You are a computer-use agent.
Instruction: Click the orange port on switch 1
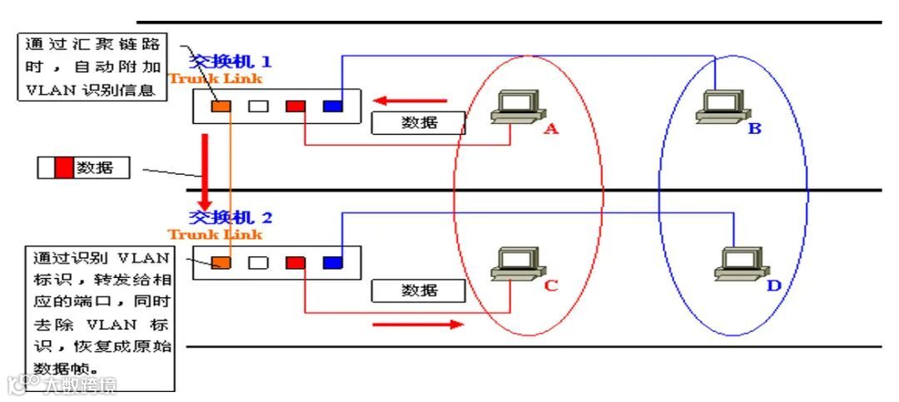[x=221, y=106]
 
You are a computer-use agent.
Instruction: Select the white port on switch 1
[x=259, y=106]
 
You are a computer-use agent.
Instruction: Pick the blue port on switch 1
[x=333, y=106]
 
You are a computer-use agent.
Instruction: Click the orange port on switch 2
[x=221, y=262]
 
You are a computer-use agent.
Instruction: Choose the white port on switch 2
[x=259, y=262]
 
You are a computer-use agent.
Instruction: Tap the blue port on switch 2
[x=333, y=262]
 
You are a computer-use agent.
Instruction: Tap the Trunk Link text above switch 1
[x=216, y=79]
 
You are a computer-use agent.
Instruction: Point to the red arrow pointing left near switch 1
[x=409, y=102]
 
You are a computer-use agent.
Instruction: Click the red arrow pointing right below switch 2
[x=417, y=323]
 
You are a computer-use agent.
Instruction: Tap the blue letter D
[x=774, y=287]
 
